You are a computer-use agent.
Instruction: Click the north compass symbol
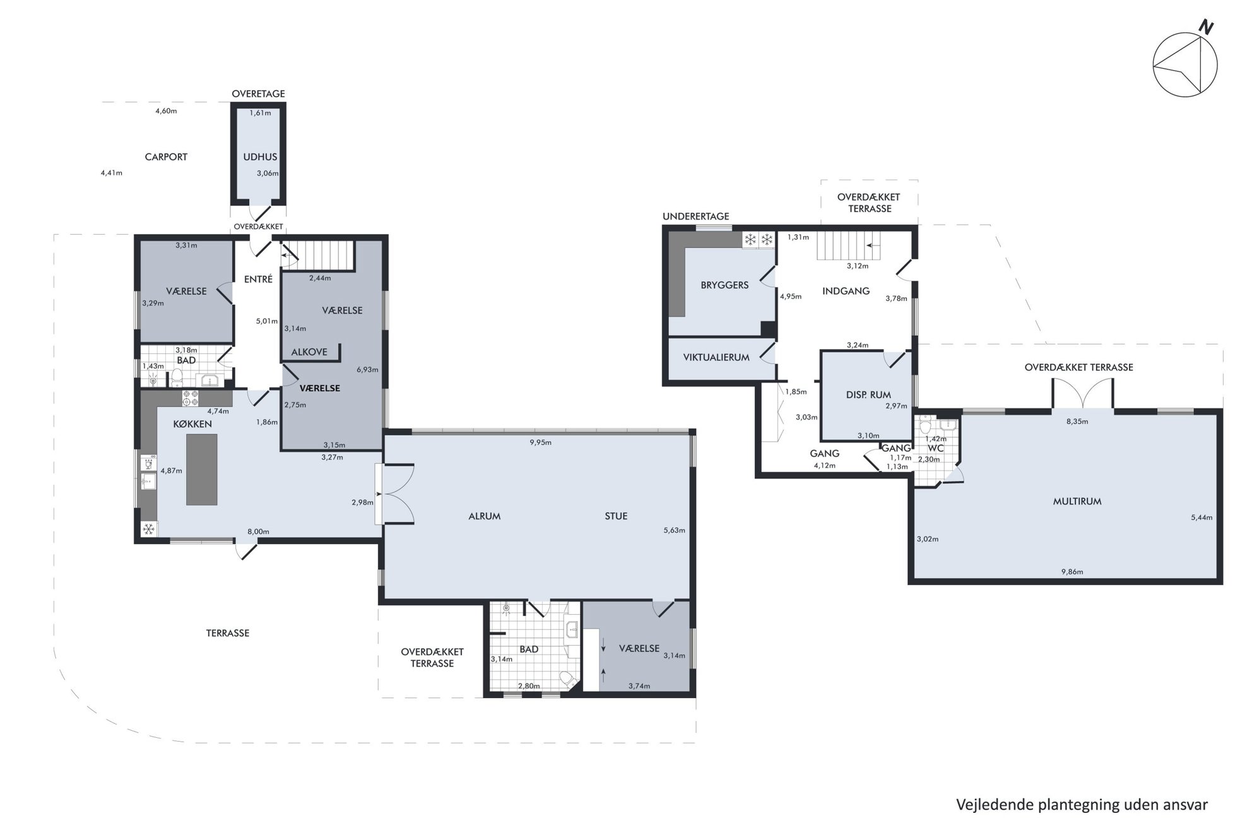click(1184, 65)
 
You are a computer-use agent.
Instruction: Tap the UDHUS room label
click(260, 157)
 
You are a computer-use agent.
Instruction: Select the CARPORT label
click(166, 157)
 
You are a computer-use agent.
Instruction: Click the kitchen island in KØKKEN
click(202, 470)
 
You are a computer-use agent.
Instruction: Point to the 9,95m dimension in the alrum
click(541, 442)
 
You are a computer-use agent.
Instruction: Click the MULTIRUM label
click(1077, 502)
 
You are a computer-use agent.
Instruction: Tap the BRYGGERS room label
click(724, 285)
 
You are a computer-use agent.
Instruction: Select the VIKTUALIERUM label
click(716, 357)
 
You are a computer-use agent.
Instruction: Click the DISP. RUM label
click(868, 395)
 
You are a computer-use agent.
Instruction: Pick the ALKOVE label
click(309, 352)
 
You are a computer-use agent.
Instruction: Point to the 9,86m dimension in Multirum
click(1072, 572)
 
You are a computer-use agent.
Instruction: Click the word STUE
click(616, 516)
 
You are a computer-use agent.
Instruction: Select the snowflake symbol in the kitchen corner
click(149, 529)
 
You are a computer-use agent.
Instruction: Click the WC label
click(936, 449)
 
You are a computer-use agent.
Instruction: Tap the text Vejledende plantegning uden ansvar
click(1082, 805)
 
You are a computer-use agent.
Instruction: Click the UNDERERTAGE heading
click(696, 216)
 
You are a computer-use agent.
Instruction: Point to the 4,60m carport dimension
click(166, 111)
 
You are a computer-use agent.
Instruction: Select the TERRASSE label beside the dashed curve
click(228, 633)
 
